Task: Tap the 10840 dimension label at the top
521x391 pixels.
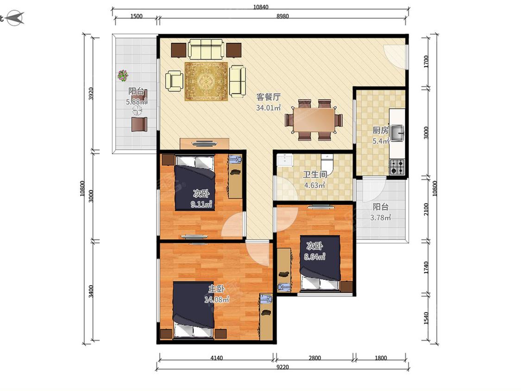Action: [x=260, y=6]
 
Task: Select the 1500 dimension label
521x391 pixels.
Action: [x=136, y=16]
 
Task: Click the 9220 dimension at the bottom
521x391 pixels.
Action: [x=282, y=367]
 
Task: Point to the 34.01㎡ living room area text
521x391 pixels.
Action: [x=269, y=108]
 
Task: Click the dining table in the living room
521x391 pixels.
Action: [x=314, y=120]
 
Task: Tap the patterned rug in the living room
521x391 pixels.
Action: [x=207, y=82]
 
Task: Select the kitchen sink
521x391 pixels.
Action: [x=397, y=133]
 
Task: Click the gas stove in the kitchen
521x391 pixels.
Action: [x=397, y=167]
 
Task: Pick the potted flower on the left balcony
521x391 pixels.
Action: [x=123, y=76]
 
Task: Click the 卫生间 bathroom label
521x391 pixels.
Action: [x=314, y=175]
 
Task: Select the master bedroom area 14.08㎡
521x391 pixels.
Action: [x=217, y=300]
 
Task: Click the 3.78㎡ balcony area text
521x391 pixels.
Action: [x=381, y=218]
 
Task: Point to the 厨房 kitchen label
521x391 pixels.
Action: [x=380, y=130]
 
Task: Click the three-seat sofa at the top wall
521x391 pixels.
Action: [x=205, y=49]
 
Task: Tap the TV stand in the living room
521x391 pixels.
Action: [x=204, y=144]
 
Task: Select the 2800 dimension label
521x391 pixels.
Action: [x=314, y=358]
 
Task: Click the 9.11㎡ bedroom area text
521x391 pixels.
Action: [x=201, y=204]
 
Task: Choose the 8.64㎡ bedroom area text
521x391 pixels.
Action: [x=314, y=257]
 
